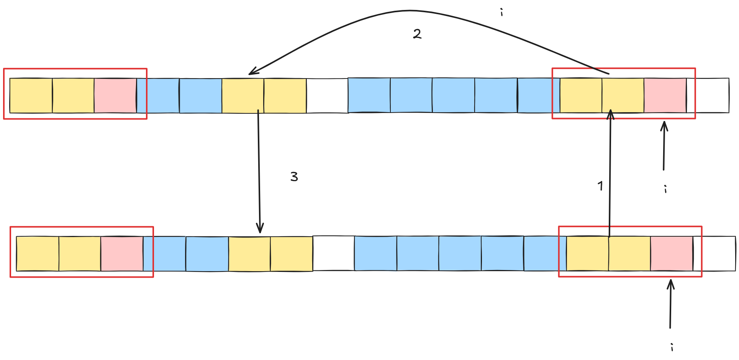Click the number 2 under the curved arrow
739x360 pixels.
[417, 34]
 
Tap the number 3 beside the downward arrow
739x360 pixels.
[294, 177]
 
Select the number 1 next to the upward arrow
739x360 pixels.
[600, 186]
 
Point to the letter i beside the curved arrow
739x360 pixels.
[501, 13]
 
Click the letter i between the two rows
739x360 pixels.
[665, 189]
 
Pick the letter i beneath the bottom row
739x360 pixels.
[672, 347]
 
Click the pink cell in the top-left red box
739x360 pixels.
[115, 96]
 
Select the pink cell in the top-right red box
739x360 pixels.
[665, 96]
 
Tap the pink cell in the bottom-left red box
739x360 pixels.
[122, 254]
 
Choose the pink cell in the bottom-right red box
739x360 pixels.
[672, 254]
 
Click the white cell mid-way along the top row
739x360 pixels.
[327, 96]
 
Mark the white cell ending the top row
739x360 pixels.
[708, 96]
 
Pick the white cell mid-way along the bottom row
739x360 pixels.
[334, 254]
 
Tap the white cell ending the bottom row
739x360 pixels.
[714, 254]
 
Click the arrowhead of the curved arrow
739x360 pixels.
[251, 73]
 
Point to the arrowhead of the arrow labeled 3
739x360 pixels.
[260, 229]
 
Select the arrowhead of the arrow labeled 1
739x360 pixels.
[611, 113]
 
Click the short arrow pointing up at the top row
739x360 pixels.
[664, 146]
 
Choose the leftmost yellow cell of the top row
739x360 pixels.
[31, 96]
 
